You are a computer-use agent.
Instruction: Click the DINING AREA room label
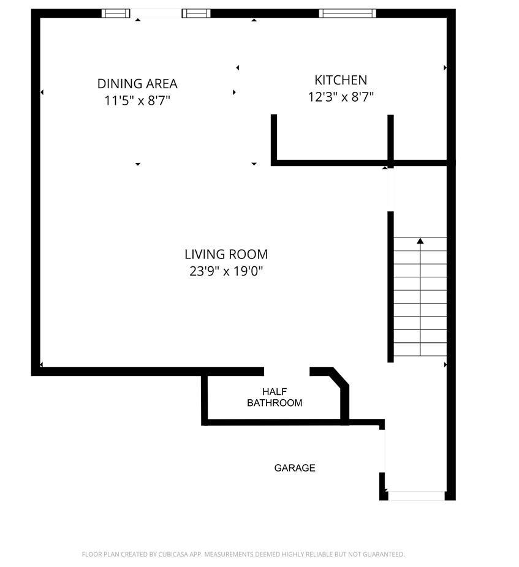click(137, 84)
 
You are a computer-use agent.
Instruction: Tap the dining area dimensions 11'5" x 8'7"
click(137, 100)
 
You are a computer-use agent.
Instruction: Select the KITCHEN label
click(341, 80)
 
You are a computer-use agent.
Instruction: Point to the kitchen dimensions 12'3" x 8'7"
click(341, 97)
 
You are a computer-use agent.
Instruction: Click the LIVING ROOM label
click(226, 254)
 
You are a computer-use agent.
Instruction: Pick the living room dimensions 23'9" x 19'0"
click(226, 271)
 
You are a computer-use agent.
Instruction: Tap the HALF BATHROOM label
click(275, 397)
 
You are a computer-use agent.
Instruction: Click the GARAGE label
click(295, 468)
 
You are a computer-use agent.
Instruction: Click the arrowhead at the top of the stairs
click(420, 241)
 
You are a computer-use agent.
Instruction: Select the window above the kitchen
click(347, 13)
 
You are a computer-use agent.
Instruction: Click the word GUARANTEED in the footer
click(384, 554)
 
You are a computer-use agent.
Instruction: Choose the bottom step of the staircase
click(420, 349)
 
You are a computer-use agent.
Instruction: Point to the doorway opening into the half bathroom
click(287, 372)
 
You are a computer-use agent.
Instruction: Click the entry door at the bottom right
click(416, 496)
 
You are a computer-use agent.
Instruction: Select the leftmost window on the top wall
click(115, 13)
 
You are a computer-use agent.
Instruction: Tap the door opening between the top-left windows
click(156, 13)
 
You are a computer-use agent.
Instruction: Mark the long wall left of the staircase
click(390, 287)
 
